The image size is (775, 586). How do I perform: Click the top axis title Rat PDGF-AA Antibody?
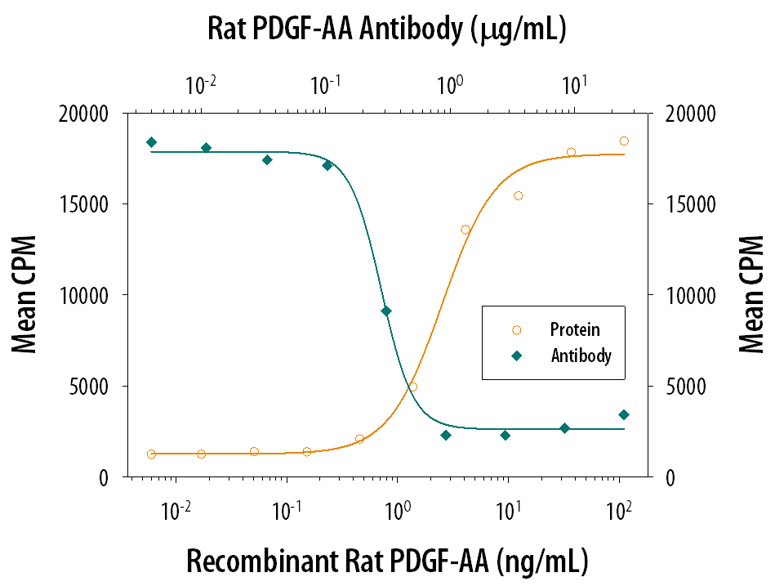pos(387,31)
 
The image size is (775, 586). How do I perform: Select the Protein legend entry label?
pos(575,330)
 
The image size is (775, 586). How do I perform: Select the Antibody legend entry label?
pos(581,356)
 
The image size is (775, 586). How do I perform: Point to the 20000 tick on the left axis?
pos(90,114)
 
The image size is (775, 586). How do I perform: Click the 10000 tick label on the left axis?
pos(90,295)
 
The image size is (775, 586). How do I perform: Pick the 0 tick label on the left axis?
pos(105,477)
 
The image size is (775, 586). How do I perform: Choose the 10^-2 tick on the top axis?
pos(201,83)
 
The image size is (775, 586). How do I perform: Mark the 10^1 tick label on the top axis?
pos(574,83)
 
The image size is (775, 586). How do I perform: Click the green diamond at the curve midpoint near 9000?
pos(386,311)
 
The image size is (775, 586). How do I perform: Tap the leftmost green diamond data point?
pos(151,142)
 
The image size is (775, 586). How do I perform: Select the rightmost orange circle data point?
pos(624,141)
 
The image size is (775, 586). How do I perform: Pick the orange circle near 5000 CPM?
pos(412,387)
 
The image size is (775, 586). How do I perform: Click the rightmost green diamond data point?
pos(624,414)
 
